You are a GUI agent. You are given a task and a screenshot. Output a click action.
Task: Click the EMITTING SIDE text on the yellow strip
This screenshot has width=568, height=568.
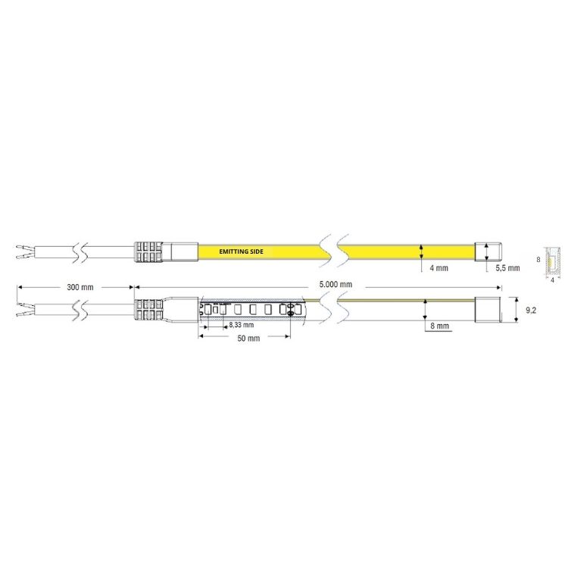coord(241,251)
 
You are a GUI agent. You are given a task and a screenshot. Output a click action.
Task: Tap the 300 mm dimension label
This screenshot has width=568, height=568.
coord(80,287)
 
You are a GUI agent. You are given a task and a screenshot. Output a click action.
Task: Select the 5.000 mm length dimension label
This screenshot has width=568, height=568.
coord(335,284)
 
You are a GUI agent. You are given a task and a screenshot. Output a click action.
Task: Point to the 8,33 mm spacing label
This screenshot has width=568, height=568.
coord(242,325)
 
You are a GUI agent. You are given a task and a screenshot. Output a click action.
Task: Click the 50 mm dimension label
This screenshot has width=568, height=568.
coord(248,339)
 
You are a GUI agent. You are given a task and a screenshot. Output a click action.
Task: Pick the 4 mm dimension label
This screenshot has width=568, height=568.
coord(438,268)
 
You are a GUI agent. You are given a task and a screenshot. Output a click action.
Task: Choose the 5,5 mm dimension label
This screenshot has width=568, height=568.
coord(507,268)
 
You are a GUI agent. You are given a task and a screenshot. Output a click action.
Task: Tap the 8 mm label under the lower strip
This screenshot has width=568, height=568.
coord(439,326)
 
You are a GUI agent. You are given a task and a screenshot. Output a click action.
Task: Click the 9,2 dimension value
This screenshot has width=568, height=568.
coord(531,310)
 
